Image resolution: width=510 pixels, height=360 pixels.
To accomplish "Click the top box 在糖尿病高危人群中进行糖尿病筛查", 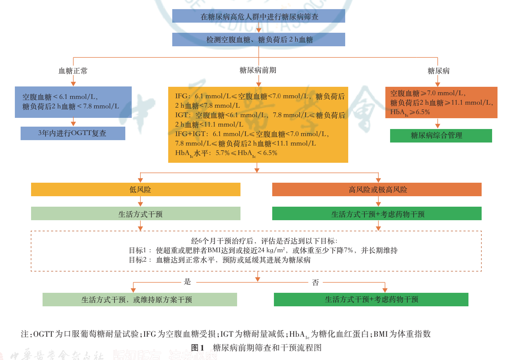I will point(258,16).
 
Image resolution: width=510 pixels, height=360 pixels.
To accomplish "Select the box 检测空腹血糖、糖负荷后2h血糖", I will point(258,40).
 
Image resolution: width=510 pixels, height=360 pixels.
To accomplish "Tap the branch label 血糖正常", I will point(73,71).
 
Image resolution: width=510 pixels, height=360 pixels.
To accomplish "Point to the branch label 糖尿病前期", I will point(258,70).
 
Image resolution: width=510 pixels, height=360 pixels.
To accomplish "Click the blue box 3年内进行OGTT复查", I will point(73,133).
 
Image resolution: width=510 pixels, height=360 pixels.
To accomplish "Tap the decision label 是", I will point(187,282).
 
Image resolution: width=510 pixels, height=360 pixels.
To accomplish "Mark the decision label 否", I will point(315,282).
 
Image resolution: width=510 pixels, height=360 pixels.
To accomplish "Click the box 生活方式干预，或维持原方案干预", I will point(139,300).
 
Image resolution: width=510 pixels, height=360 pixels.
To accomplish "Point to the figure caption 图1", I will point(198,348).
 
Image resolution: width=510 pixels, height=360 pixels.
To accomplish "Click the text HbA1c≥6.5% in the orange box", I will point(410,112).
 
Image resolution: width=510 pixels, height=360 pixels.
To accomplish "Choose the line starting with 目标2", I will point(220,260).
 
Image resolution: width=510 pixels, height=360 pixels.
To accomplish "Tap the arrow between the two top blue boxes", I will point(259,28).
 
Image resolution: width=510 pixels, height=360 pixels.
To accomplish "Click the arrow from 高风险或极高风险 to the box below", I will point(378,202).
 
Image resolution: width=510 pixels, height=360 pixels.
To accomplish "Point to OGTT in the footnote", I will point(44,334).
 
